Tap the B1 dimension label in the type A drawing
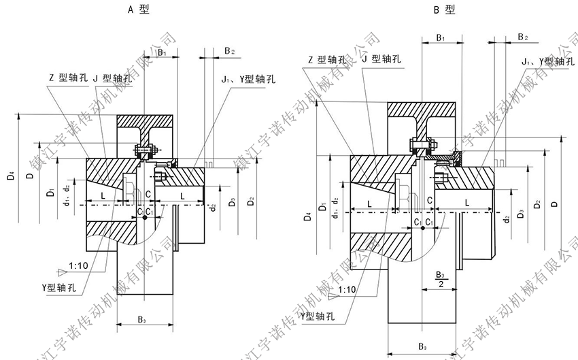pos(162,52)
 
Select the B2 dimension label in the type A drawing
pos(229,52)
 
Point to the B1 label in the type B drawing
pos(440,37)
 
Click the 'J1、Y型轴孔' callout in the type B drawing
pos(543,62)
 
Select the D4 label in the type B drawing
pos(309,218)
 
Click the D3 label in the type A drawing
pos(233,201)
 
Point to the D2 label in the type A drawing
pos(251,201)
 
